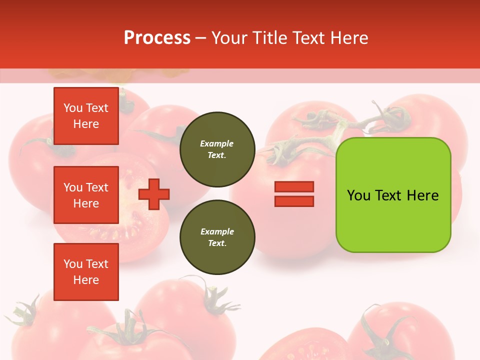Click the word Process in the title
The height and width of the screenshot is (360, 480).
pyautogui.click(x=157, y=38)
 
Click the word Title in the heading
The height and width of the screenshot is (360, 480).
pyautogui.click(x=268, y=38)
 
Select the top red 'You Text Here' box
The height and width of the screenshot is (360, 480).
pyautogui.click(x=86, y=116)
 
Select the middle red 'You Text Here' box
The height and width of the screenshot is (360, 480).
pyautogui.click(x=86, y=195)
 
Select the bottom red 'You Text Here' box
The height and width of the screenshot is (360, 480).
pyautogui.click(x=86, y=272)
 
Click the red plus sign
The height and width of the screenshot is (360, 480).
pyautogui.click(x=154, y=194)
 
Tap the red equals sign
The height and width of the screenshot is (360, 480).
pyautogui.click(x=294, y=194)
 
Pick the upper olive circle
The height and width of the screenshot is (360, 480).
pyautogui.click(x=217, y=149)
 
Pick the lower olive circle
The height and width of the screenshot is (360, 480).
pyautogui.click(x=217, y=237)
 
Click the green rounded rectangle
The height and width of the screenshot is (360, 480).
pyautogui.click(x=393, y=195)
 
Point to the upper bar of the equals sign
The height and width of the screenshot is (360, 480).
pyautogui.click(x=294, y=187)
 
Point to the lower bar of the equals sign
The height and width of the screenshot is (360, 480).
pyautogui.click(x=294, y=201)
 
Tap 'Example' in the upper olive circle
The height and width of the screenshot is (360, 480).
pyautogui.click(x=217, y=143)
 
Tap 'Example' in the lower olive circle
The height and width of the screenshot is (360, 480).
pyautogui.click(x=217, y=231)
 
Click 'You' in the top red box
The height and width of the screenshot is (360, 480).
pyautogui.click(x=73, y=108)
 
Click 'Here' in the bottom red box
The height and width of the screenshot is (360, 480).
pyautogui.click(x=86, y=280)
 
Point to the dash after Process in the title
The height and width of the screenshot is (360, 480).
pyautogui.click(x=201, y=38)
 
